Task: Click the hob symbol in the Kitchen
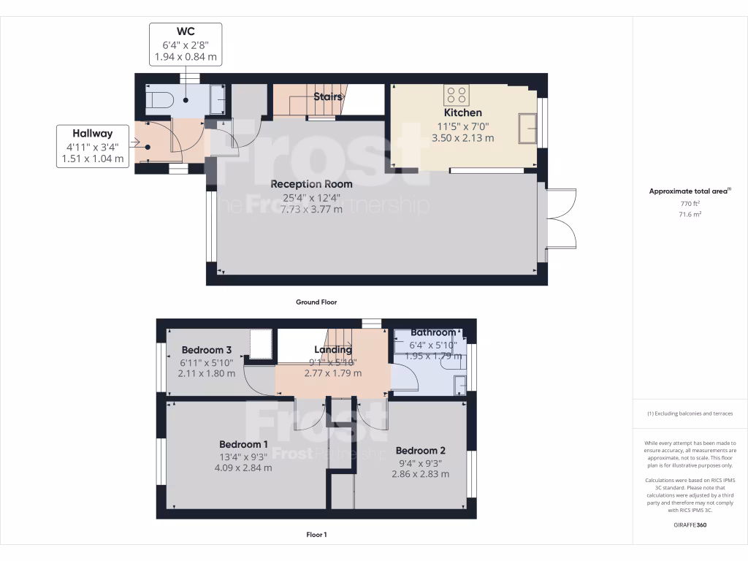[457, 95]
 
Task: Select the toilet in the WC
[159, 100]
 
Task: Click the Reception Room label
[311, 184]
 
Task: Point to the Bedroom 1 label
[243, 444]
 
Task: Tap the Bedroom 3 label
[207, 348]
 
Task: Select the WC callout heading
[185, 31]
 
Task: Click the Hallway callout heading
[92, 133]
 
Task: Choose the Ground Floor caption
[316, 302]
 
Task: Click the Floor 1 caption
[316, 535]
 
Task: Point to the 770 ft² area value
[690, 204]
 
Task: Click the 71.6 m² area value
[690, 215]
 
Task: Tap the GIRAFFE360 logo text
[690, 524]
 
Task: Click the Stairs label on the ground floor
[328, 96]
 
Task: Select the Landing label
[333, 349]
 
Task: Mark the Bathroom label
[432, 332]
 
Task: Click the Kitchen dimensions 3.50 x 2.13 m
[463, 137]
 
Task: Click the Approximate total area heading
[690, 191]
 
